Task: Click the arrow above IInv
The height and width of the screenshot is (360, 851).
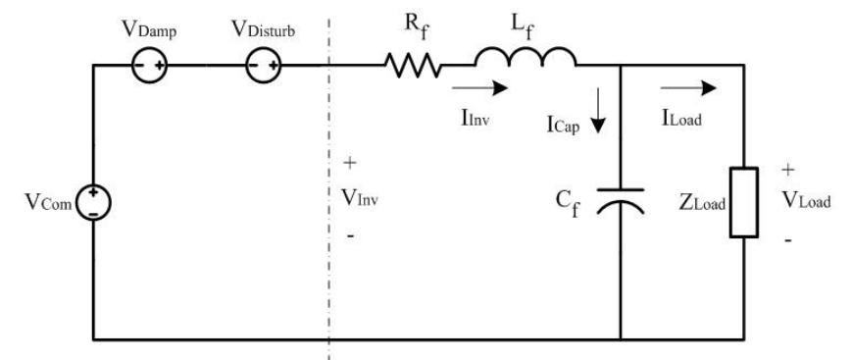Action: coord(486,88)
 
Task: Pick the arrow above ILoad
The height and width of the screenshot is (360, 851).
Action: coord(700,88)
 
